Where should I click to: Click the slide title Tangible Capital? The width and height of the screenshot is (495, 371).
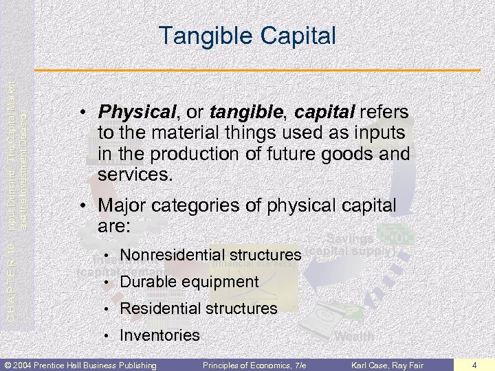[247, 35]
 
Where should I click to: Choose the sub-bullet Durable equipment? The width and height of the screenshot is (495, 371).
[189, 282]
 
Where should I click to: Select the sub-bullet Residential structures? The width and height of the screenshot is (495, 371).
[199, 308]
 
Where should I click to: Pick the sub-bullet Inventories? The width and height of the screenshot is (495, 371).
[159, 335]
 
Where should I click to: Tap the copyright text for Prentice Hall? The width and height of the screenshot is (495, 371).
[80, 364]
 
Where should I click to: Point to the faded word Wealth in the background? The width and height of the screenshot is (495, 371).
[354, 337]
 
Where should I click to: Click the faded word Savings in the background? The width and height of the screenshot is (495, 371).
[350, 238]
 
